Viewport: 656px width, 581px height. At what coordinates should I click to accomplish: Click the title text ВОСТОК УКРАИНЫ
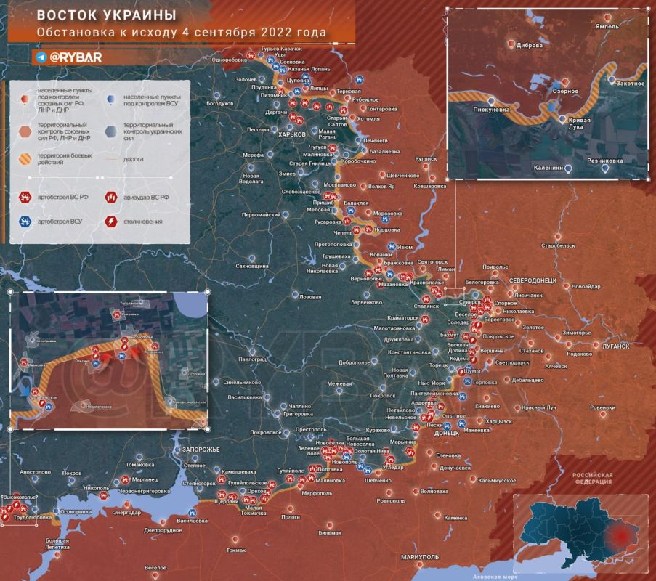[105, 16]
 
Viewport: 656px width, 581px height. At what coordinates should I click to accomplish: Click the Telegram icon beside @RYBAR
[41, 57]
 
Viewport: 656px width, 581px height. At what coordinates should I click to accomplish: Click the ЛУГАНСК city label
[615, 346]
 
